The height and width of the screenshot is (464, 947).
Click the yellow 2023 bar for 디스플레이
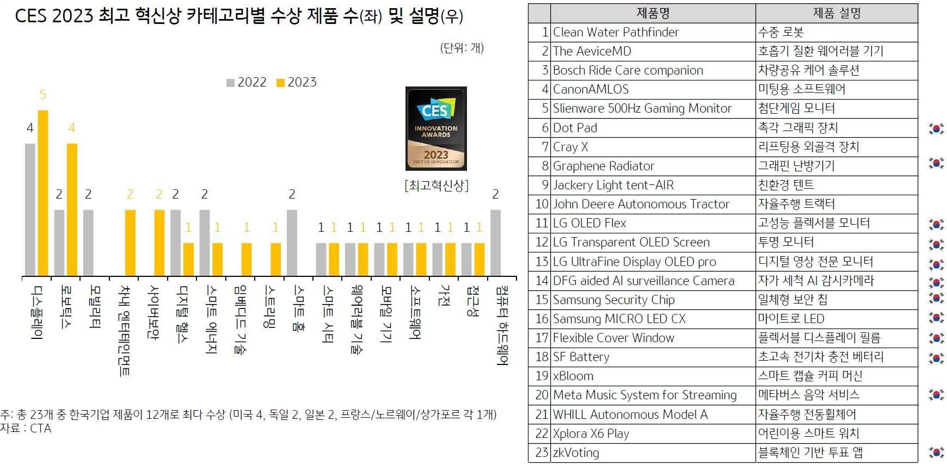pyautogui.click(x=42, y=193)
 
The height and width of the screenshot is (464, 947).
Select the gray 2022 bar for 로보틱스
pyautogui.click(x=59, y=243)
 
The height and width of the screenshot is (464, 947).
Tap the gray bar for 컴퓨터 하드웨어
pyautogui.click(x=495, y=243)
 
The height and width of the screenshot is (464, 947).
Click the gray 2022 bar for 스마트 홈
pyautogui.click(x=292, y=243)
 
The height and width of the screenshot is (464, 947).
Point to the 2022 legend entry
pyautogui.click(x=247, y=82)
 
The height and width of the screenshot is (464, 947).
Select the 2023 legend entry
pyautogui.click(x=297, y=82)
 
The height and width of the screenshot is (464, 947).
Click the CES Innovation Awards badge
pyautogui.click(x=436, y=128)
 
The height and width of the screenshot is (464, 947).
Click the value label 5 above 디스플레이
pyautogui.click(x=42, y=95)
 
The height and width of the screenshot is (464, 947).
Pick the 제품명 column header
pyautogui.click(x=653, y=13)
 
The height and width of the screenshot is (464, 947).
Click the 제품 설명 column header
pyautogui.click(x=837, y=13)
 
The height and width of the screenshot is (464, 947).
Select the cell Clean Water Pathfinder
pyautogui.click(x=616, y=32)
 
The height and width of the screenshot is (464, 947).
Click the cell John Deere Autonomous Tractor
pyautogui.click(x=641, y=204)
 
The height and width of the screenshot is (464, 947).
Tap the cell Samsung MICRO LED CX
pyautogui.click(x=619, y=319)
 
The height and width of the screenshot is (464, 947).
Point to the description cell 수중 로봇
pyautogui.click(x=781, y=32)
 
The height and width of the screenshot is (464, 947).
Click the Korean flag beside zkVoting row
pyautogui.click(x=936, y=452)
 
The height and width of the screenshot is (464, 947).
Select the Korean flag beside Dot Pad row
pyautogui.click(x=936, y=129)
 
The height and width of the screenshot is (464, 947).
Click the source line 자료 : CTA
pyautogui.click(x=26, y=429)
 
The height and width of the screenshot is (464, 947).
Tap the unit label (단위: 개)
pyautogui.click(x=462, y=48)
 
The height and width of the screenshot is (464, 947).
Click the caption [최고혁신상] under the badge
pyautogui.click(x=436, y=185)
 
